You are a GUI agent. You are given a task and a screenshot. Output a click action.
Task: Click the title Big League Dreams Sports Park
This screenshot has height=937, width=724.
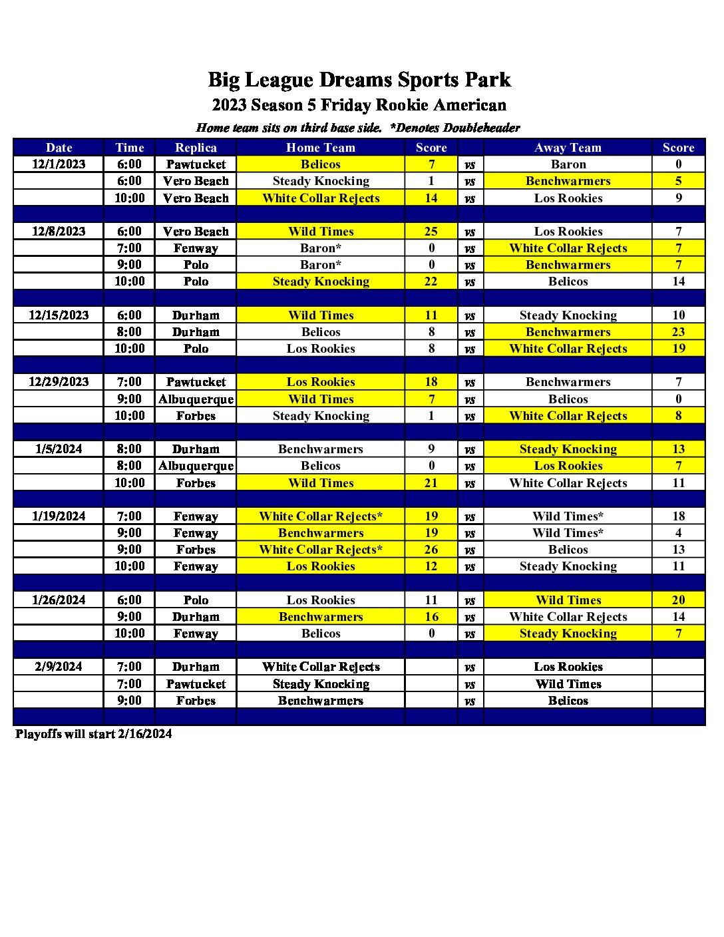(x=359, y=80)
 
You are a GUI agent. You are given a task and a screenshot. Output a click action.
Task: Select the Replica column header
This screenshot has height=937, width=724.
(x=196, y=148)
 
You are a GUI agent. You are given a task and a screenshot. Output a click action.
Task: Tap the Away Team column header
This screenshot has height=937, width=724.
(x=568, y=148)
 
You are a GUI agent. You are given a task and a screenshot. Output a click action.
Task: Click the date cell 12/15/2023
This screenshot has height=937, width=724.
(x=59, y=315)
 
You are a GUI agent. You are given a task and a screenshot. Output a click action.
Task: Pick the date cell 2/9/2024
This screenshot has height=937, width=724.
(x=59, y=667)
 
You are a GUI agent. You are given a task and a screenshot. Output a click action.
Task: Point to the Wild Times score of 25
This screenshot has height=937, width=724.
(x=431, y=232)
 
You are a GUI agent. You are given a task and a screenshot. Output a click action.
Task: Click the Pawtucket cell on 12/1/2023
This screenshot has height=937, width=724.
(x=196, y=164)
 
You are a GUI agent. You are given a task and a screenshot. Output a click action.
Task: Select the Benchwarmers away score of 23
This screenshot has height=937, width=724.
(x=678, y=332)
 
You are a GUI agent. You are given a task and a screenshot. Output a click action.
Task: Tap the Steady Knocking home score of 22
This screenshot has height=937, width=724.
(x=431, y=281)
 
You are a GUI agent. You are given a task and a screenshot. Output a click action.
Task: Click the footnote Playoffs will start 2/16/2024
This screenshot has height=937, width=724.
(x=94, y=734)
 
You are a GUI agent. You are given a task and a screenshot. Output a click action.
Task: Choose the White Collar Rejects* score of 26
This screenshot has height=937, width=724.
(x=431, y=550)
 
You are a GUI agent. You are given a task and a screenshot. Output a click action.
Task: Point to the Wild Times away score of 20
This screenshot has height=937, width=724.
(x=678, y=600)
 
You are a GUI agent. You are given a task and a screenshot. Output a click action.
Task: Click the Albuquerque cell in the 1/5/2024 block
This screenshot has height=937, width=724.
(x=196, y=466)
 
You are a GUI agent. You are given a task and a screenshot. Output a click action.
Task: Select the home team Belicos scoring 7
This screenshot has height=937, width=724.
(x=321, y=164)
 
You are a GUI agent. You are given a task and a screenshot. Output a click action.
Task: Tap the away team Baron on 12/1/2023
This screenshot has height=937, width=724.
(x=568, y=164)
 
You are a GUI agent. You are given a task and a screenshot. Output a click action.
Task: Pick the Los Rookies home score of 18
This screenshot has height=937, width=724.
(x=431, y=382)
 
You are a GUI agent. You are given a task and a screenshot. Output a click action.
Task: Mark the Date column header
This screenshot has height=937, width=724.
(x=59, y=148)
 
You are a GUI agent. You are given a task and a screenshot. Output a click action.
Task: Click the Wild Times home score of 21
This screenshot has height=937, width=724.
(x=431, y=483)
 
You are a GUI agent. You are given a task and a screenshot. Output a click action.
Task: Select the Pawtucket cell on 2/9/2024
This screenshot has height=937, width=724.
(x=196, y=684)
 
